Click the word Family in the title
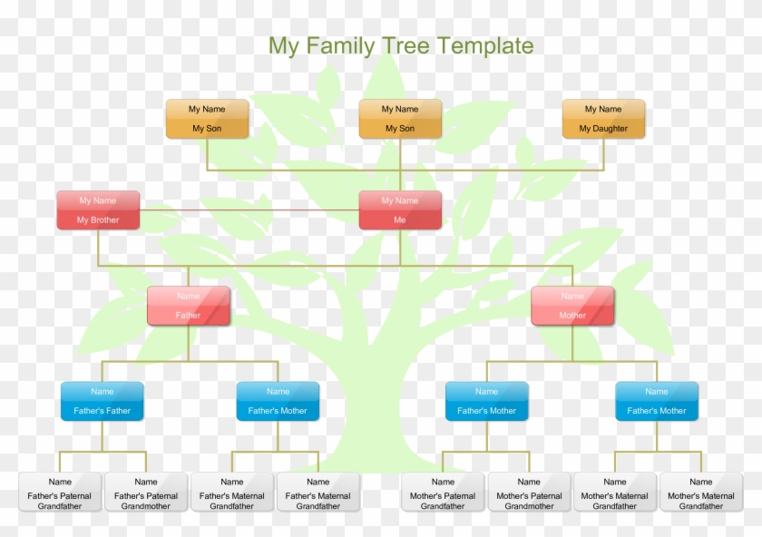click(x=340, y=46)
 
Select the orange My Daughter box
click(x=603, y=119)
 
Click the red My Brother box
click(x=98, y=210)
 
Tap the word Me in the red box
click(x=400, y=220)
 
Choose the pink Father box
click(x=189, y=306)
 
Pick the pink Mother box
click(x=572, y=306)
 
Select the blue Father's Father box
click(x=102, y=401)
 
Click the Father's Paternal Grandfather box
click(x=60, y=492)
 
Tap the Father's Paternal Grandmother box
click(x=146, y=492)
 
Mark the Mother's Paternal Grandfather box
click(x=443, y=492)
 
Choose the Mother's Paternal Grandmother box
click(x=529, y=492)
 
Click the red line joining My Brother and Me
click(x=249, y=210)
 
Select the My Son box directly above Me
click(x=400, y=119)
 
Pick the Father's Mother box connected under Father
click(x=278, y=401)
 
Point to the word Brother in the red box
click(x=104, y=220)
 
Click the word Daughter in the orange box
click(x=610, y=129)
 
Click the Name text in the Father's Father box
click(x=102, y=391)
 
